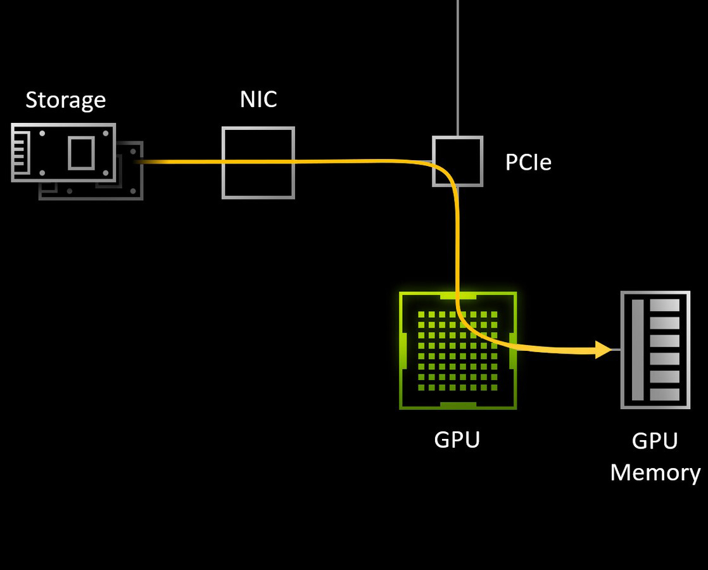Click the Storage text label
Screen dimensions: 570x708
point(65,100)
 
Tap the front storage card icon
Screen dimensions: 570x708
point(63,153)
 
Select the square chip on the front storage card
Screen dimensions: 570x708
point(81,153)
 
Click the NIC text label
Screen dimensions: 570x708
point(258,99)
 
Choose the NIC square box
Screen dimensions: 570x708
point(258,163)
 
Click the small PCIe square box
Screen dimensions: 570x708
point(457,161)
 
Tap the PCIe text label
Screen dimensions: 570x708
point(528,163)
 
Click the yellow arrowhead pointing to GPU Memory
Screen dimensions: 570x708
point(604,349)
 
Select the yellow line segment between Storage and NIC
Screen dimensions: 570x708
point(180,162)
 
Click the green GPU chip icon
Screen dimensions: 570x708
point(457,350)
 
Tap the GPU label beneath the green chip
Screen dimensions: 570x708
point(457,440)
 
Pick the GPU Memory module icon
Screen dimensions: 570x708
point(655,350)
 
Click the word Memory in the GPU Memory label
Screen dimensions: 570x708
point(655,473)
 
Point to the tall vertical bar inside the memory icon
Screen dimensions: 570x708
point(638,350)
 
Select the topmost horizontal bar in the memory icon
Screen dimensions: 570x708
point(665,305)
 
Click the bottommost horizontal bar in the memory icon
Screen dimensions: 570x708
point(665,395)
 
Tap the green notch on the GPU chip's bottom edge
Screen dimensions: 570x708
point(457,405)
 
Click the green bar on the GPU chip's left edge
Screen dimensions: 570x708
point(403,350)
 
